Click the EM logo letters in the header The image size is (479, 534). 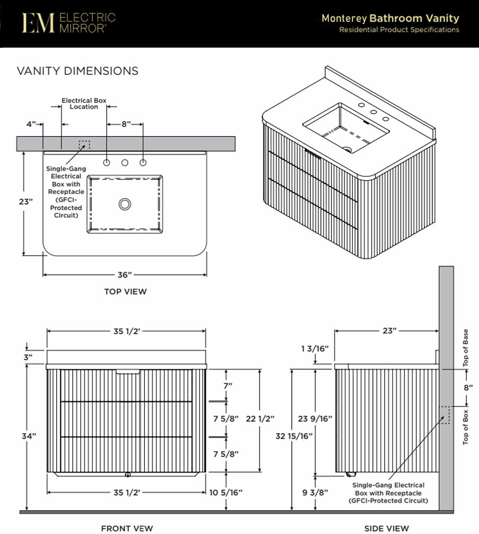(38, 23)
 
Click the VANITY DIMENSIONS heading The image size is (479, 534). (77, 71)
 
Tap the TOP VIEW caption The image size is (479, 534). (125, 292)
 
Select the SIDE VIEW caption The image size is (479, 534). (387, 528)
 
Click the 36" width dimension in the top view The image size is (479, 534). (125, 275)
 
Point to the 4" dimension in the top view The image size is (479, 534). (31, 124)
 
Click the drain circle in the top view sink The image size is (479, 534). (125, 205)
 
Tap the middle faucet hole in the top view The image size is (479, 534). (125, 163)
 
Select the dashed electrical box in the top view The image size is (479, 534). (84, 145)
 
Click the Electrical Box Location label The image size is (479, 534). (84, 104)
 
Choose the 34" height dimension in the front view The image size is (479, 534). (29, 436)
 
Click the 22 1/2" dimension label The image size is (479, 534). (260, 419)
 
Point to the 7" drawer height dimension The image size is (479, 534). (228, 386)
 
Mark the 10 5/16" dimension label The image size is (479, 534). (226, 493)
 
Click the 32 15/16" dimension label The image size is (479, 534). (294, 436)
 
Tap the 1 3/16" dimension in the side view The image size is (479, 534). (315, 349)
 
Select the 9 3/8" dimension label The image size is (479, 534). (315, 493)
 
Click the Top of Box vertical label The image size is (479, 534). (465, 427)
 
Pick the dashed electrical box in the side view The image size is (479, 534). (444, 415)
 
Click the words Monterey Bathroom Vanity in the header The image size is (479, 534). (390, 18)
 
